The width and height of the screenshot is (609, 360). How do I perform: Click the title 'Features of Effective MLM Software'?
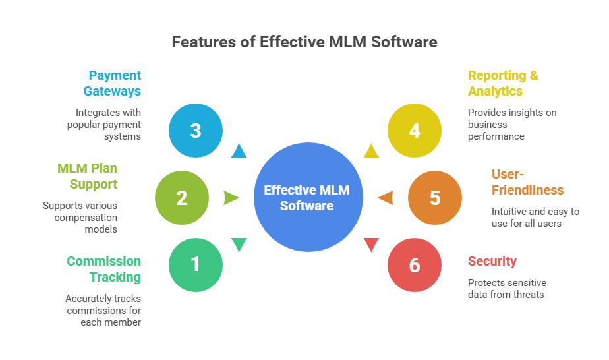304,42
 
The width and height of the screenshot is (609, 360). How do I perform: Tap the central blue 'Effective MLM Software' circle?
308,197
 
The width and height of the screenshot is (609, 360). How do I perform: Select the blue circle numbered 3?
195,130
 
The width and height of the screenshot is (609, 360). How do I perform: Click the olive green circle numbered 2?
181,198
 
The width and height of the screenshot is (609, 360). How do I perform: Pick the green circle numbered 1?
195,264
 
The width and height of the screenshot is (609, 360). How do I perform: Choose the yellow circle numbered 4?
414,130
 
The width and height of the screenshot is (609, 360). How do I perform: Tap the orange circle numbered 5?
434,198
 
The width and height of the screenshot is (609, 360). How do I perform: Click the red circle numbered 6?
414,265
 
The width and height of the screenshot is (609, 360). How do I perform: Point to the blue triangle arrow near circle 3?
239,151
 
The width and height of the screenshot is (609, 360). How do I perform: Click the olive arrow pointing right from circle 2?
231,198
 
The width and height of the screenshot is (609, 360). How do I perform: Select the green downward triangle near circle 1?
239,245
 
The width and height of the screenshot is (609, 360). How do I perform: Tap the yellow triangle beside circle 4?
371,151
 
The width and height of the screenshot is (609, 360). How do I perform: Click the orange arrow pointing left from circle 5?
385,198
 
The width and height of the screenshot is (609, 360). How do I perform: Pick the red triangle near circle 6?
371,245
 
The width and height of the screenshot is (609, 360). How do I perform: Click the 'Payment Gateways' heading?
115,83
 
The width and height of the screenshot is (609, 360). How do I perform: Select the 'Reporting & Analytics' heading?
503,83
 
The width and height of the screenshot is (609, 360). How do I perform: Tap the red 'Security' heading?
492,261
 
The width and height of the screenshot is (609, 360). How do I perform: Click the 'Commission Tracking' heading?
104,269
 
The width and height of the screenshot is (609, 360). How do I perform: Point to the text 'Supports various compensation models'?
80,218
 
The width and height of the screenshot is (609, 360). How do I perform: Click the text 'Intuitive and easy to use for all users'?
535,218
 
